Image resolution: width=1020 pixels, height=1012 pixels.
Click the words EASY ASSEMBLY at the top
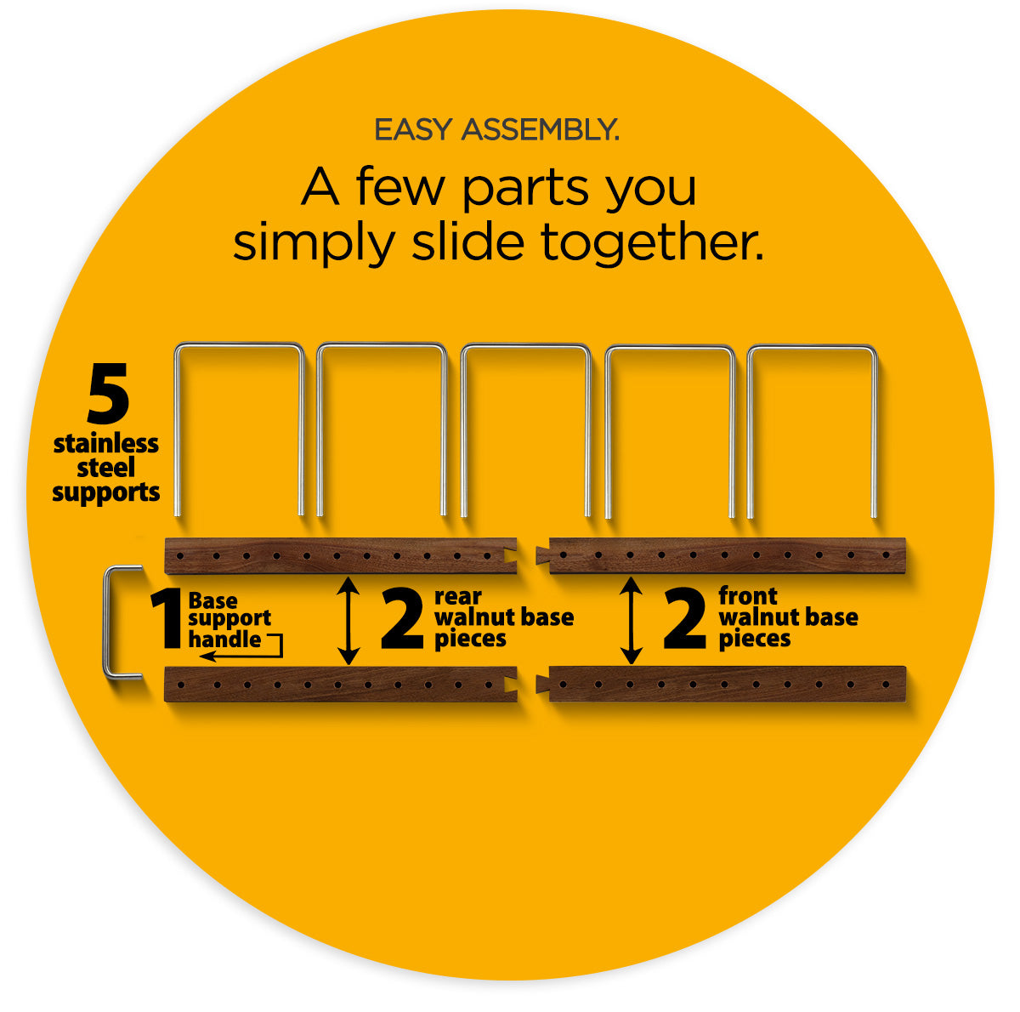(x=496, y=130)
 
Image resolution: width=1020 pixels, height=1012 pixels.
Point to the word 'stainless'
(x=106, y=443)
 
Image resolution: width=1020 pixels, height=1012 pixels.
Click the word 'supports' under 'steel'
(x=106, y=492)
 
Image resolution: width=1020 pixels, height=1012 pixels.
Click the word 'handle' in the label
(x=225, y=639)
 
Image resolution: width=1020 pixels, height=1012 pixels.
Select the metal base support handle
(x=106, y=621)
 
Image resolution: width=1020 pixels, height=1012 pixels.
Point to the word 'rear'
(x=458, y=597)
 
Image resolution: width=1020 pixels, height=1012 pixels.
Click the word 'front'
(x=747, y=596)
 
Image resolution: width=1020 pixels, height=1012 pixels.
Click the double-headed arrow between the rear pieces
(x=348, y=621)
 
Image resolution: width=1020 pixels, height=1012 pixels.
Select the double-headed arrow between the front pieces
(x=631, y=621)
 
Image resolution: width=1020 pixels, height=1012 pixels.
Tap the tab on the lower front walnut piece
(x=543, y=684)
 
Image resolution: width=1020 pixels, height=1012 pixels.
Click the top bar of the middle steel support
(x=525, y=346)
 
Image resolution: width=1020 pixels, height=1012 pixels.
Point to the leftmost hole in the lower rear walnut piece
(x=181, y=685)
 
